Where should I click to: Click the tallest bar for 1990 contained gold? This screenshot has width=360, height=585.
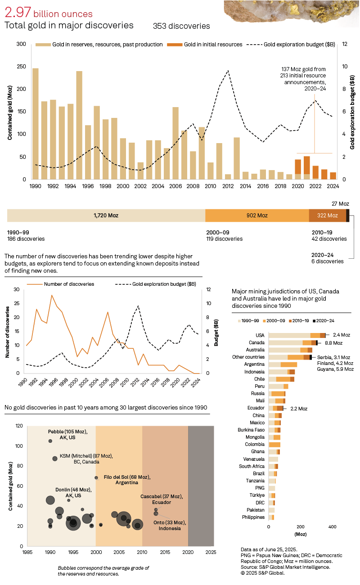[x=35, y=124]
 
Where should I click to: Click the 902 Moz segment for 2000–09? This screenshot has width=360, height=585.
[x=257, y=216]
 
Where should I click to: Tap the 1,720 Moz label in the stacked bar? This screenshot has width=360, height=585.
[x=106, y=216]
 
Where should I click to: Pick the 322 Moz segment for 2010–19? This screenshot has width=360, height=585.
[x=327, y=216]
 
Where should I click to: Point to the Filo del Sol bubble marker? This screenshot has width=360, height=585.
[x=96, y=477]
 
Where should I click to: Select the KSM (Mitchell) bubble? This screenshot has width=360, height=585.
[x=55, y=458]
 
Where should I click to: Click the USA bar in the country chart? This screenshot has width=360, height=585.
[x=297, y=335]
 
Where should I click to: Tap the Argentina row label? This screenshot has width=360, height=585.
[x=254, y=364]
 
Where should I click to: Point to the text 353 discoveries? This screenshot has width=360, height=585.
[x=181, y=26]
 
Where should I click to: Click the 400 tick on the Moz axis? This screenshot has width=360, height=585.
[x=332, y=526]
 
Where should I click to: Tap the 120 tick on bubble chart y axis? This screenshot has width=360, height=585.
[x=19, y=426]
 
